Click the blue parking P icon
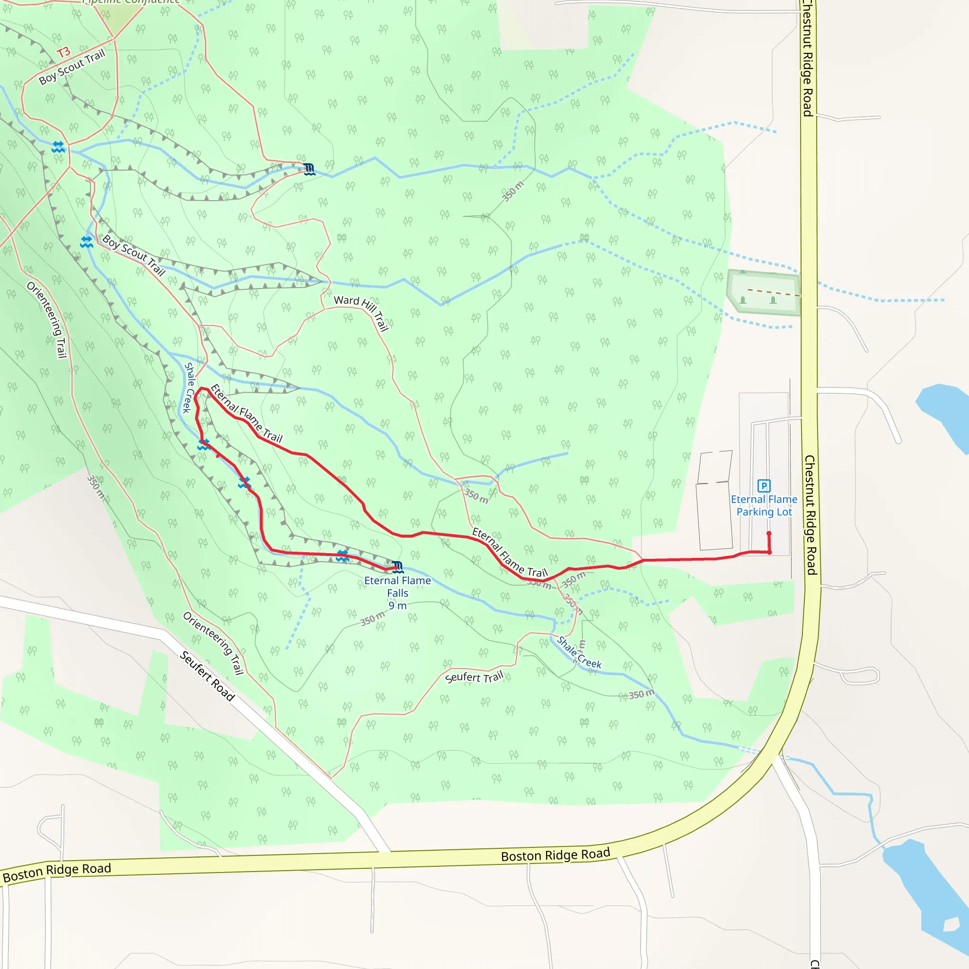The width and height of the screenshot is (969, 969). [763, 485]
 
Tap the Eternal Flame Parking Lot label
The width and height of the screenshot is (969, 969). [763, 506]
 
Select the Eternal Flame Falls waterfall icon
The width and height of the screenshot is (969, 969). [397, 567]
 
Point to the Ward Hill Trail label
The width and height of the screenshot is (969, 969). [361, 312]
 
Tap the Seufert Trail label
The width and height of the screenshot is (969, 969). [474, 677]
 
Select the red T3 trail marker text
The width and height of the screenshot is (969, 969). [64, 53]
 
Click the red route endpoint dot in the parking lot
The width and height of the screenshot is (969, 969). [769, 534]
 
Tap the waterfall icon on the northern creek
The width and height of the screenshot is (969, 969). [309, 169]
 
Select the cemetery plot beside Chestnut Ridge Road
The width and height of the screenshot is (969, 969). [763, 293]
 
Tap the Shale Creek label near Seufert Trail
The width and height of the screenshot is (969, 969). [579, 652]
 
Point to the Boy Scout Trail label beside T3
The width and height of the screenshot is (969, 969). [72, 67]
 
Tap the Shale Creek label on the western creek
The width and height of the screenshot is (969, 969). [188, 388]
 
